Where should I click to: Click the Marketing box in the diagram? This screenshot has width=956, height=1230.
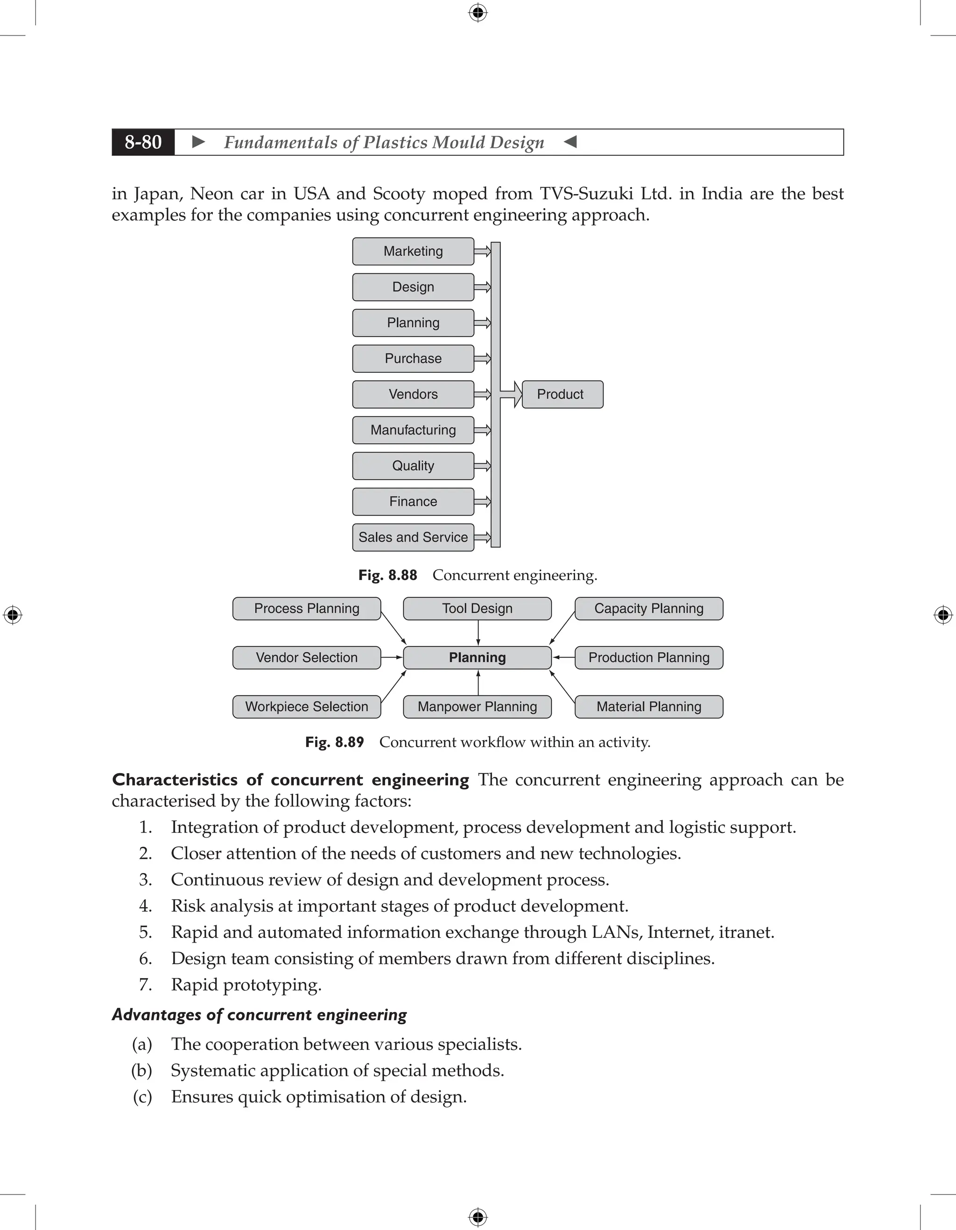click(413, 251)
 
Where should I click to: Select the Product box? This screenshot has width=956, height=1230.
click(562, 394)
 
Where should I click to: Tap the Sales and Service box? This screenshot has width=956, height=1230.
click(413, 537)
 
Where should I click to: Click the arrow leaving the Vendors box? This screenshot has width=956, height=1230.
click(482, 394)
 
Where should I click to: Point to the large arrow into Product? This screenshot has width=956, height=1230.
click(511, 394)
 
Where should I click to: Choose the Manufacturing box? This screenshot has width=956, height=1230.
click(413, 430)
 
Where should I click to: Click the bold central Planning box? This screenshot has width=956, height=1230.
click(477, 658)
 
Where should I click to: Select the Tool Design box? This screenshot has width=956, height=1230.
click(477, 609)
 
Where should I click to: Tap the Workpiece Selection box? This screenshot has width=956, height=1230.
click(307, 707)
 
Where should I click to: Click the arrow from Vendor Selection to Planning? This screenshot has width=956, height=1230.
click(392, 658)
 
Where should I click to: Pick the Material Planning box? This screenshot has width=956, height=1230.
click(648, 707)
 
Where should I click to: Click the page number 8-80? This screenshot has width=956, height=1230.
click(143, 142)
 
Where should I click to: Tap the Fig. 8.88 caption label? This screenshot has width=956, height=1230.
click(387, 575)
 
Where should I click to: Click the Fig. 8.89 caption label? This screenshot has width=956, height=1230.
click(335, 742)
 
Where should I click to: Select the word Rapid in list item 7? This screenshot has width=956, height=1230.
click(194, 985)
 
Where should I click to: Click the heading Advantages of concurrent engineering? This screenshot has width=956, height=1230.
click(259, 1014)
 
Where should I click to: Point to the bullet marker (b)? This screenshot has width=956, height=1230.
click(142, 1070)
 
